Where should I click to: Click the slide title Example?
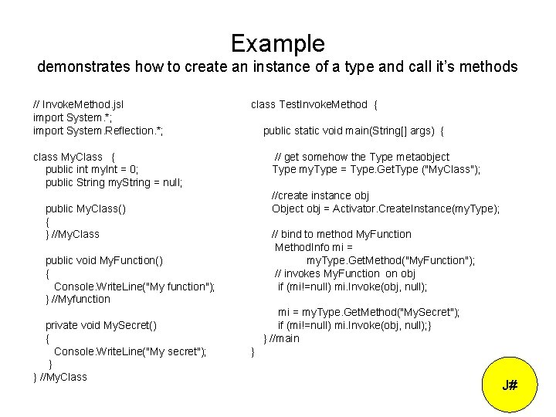(277, 42)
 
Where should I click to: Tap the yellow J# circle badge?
(510, 385)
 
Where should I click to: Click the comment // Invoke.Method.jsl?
(79, 104)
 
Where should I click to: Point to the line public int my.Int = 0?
(91, 170)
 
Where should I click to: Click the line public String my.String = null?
(114, 183)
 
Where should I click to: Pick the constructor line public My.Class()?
(86, 208)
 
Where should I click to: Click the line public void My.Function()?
(103, 260)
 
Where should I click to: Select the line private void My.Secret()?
(101, 325)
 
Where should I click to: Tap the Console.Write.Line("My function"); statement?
(134, 286)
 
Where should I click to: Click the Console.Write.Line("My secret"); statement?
(131, 351)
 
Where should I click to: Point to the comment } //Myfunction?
(78, 299)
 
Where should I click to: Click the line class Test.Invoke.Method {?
(314, 104)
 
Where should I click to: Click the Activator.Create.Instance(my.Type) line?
(385, 208)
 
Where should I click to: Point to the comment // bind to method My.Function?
(341, 234)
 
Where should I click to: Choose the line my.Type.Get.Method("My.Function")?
(391, 260)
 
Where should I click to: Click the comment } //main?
(281, 338)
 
